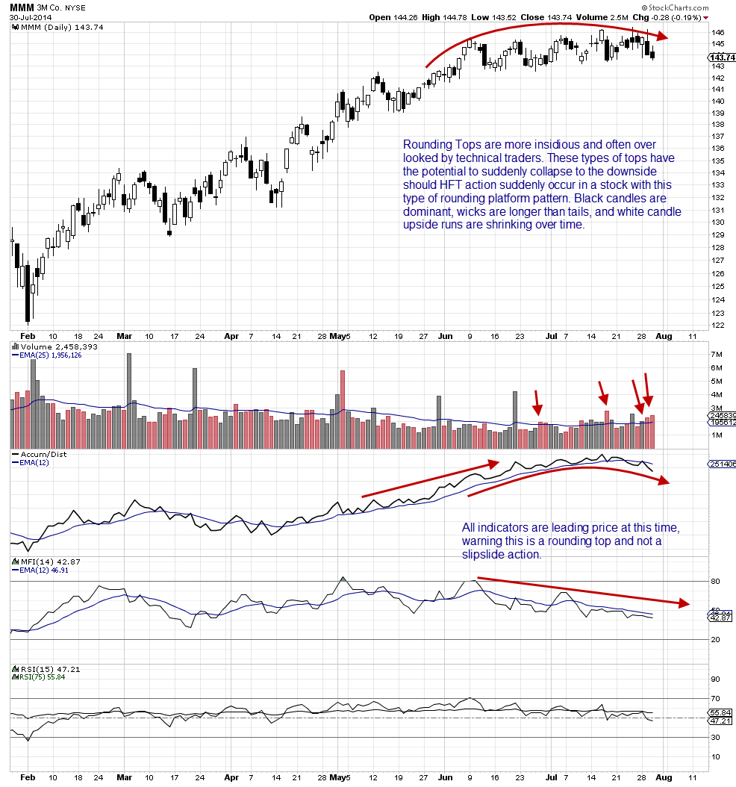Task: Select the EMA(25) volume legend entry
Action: [x=46, y=355]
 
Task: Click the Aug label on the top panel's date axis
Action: [x=664, y=337]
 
